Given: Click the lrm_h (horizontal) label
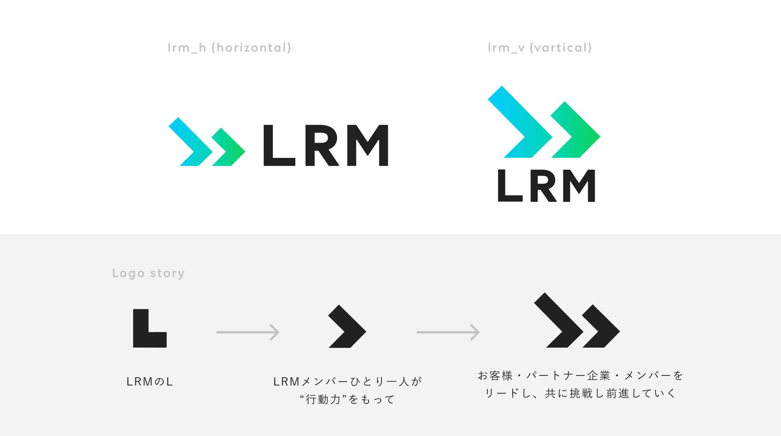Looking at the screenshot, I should click(x=229, y=48).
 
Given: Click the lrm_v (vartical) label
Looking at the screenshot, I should click(x=539, y=48).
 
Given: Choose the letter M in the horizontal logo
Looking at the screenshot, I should click(x=368, y=145).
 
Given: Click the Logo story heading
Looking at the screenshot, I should click(x=148, y=273).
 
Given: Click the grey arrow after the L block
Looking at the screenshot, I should click(x=248, y=332).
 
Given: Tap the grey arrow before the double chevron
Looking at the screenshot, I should click(x=448, y=332).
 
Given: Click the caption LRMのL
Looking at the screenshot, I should click(x=149, y=382).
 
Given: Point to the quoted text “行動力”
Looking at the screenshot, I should click(x=323, y=400).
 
